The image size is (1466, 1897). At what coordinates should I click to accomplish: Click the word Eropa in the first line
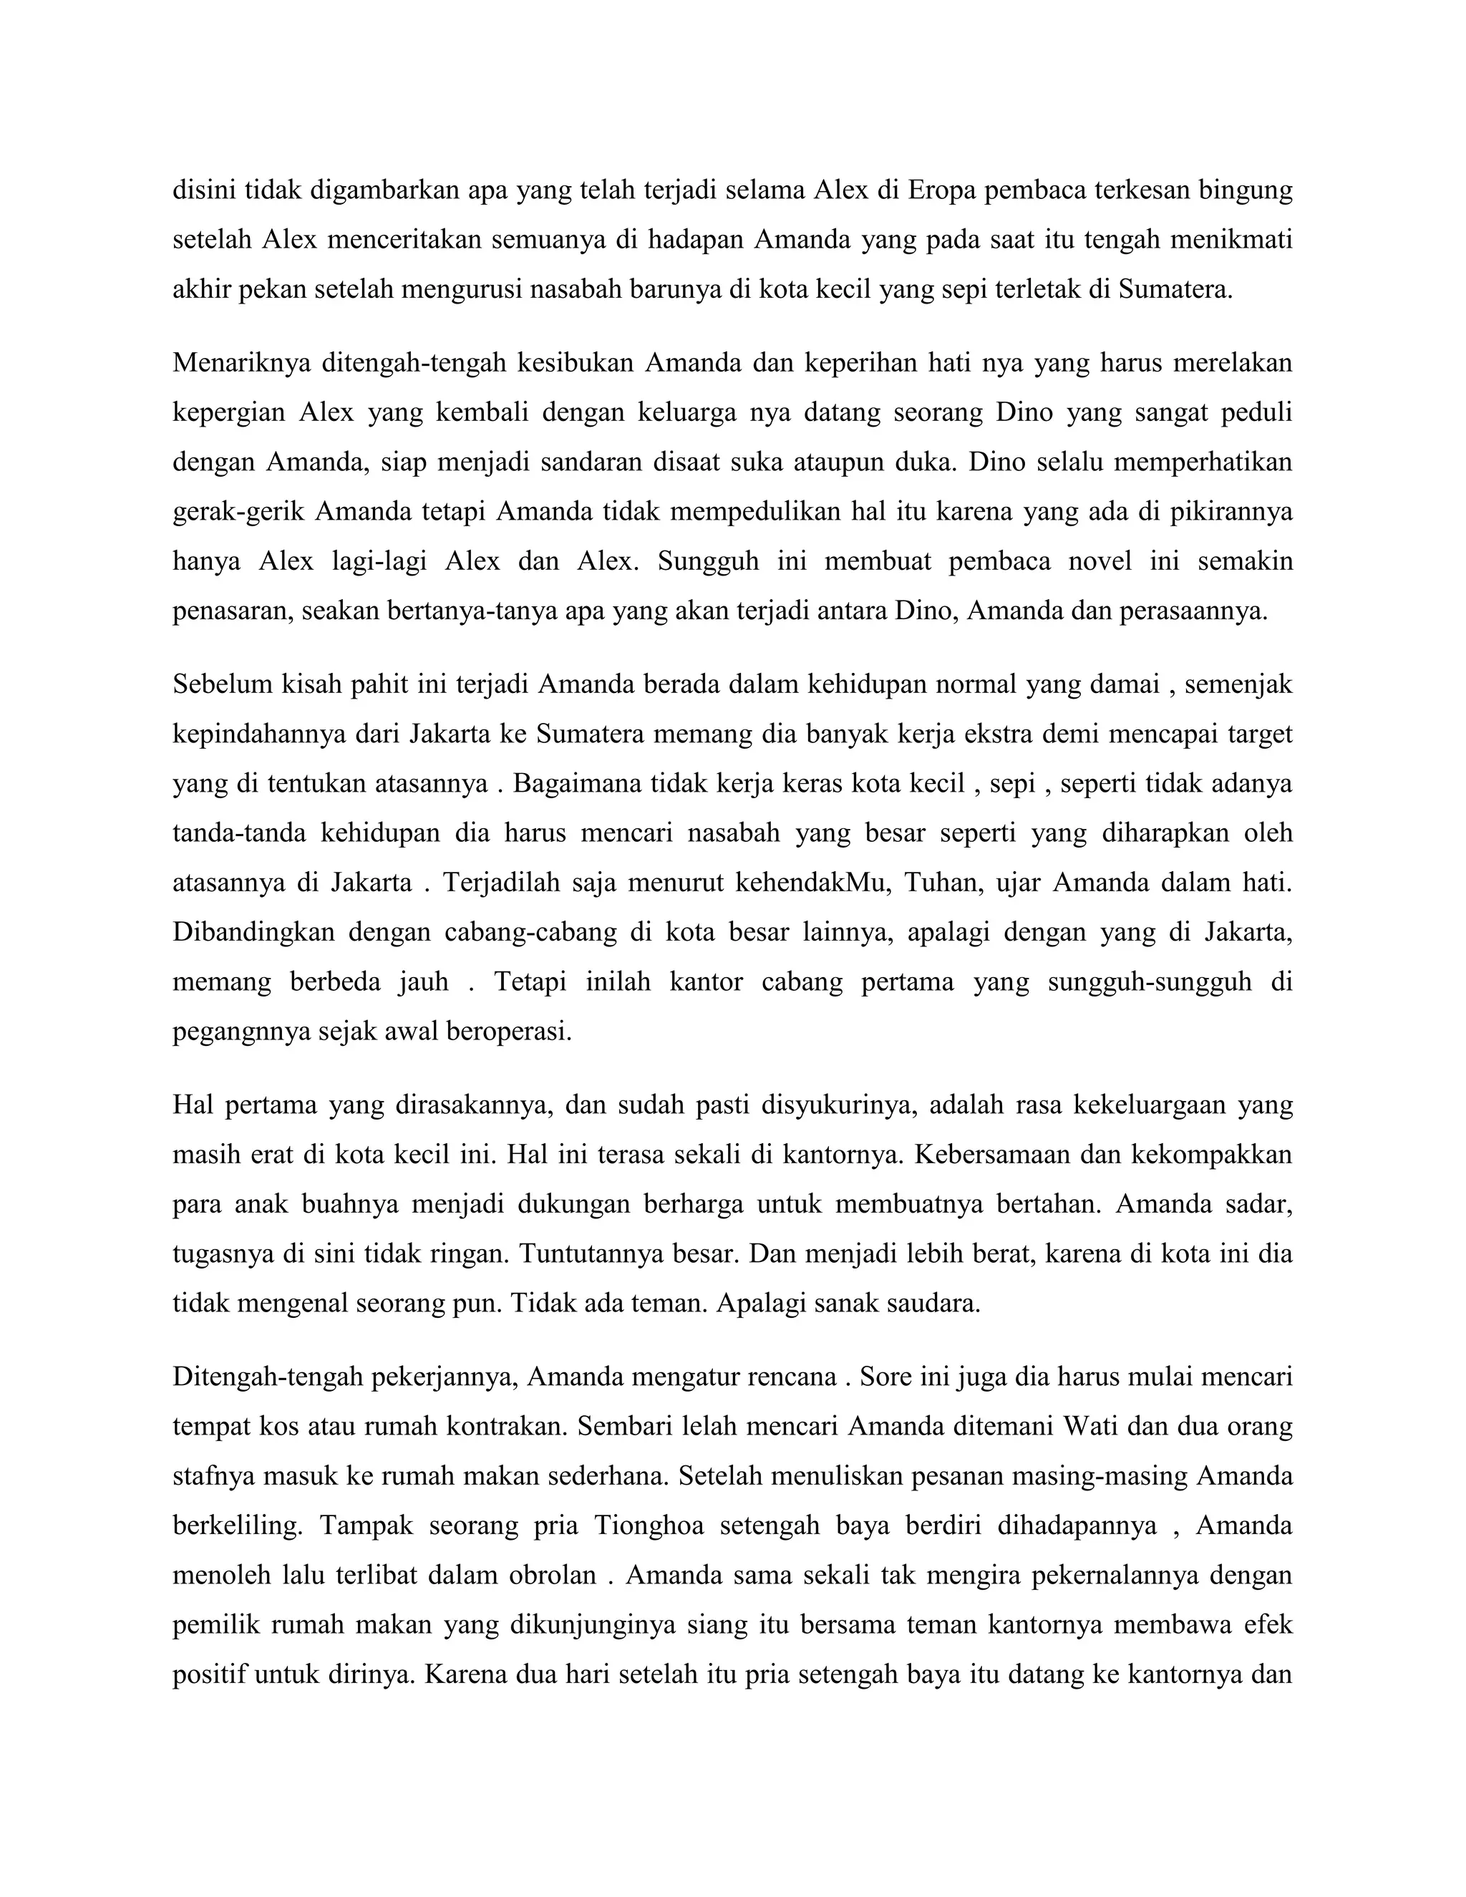[941, 190]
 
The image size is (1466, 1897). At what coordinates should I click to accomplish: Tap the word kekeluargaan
[1148, 1105]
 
